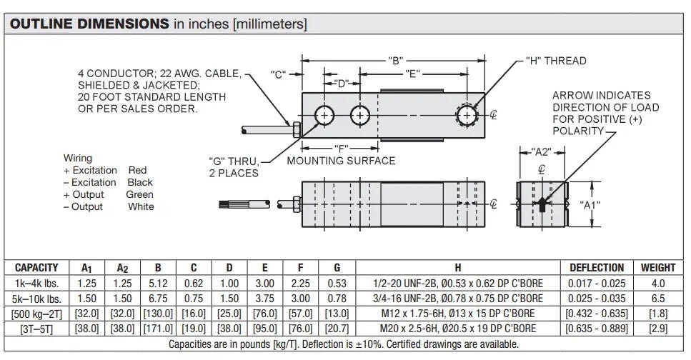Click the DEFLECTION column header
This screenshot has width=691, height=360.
[596, 268]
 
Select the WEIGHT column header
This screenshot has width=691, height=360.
[657, 268]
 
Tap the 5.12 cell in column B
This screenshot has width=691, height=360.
[158, 283]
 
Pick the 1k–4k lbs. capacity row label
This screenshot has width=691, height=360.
[37, 283]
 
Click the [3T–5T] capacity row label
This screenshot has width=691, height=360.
[37, 329]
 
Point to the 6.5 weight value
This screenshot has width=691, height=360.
[657, 298]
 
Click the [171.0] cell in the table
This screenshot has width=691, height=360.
[158, 329]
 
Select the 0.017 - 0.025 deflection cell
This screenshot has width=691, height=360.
[596, 283]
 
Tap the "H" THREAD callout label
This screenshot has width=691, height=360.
[555, 61]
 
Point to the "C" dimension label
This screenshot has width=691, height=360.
[279, 74]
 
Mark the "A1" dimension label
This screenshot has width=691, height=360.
[588, 206]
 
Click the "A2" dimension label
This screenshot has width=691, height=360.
[542, 151]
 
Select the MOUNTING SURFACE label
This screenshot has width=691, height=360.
[341, 161]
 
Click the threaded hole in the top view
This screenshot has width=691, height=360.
[467, 115]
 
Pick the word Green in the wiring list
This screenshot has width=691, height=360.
[139, 194]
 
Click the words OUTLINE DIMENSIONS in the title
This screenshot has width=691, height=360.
[89, 24]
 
